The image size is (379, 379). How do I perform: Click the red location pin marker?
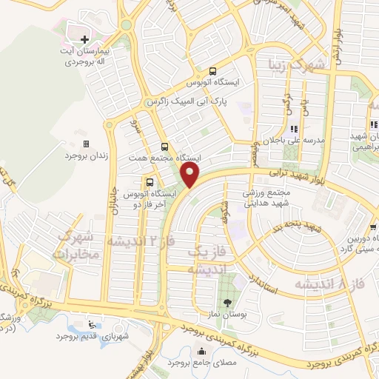pyautogui.click(x=191, y=175)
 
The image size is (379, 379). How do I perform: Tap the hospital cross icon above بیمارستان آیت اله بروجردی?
pyautogui.click(x=84, y=38)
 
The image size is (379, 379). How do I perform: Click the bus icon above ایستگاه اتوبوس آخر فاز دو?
pyautogui.click(x=150, y=181)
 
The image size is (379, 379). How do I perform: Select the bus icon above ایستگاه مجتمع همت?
pyautogui.click(x=164, y=147)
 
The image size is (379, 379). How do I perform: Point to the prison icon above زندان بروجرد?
pyautogui.click(x=86, y=144)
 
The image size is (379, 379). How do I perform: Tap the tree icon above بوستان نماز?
pyautogui.click(x=227, y=303)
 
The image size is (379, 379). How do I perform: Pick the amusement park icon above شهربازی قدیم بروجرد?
pyautogui.click(x=91, y=324)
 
